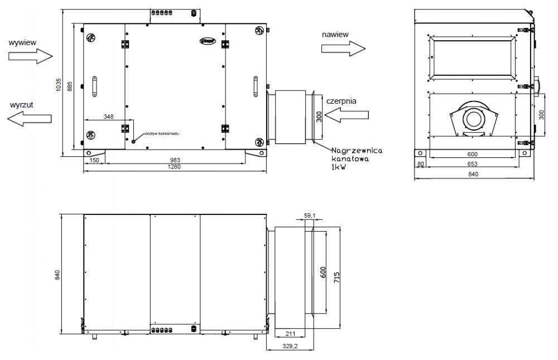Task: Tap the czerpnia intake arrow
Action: click(345, 116)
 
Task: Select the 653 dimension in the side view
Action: click(472, 165)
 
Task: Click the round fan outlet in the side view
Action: click(474, 119)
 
